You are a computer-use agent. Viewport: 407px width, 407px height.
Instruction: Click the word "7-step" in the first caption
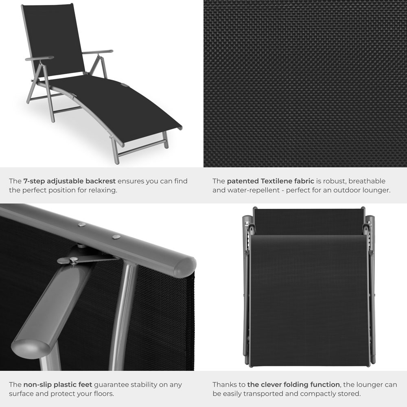[34, 181]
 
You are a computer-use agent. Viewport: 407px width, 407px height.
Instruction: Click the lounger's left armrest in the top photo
[39, 58]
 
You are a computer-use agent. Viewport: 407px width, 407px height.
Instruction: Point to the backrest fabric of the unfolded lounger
[53, 37]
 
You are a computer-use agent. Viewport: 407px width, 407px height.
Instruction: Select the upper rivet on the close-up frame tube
[81, 224]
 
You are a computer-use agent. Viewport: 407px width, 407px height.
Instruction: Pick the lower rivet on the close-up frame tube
[116, 236]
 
